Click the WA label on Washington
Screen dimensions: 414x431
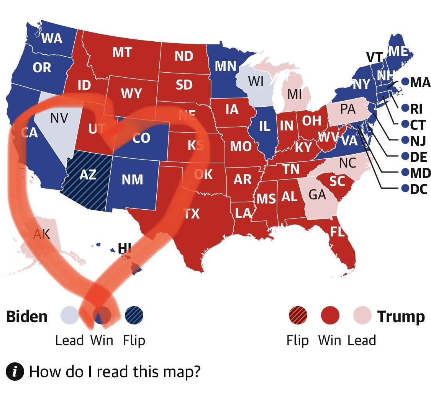52,39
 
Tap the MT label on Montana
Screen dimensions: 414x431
122,52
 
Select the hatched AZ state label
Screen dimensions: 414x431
88,174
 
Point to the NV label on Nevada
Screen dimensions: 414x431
59,118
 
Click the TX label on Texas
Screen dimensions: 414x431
191,213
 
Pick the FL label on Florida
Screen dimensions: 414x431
337,231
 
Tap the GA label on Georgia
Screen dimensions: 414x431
317,195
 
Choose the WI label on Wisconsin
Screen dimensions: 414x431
256,81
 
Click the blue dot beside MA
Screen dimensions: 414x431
405,81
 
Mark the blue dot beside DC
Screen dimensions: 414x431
405,188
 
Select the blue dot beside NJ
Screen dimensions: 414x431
405,140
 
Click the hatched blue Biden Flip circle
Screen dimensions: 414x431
134,316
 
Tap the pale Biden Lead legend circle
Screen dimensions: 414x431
70,316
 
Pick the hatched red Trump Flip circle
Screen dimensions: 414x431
298,316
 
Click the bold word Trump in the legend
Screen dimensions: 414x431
401,317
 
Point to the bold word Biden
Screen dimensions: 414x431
27,317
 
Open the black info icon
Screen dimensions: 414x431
15,372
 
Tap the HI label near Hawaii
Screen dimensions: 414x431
125,249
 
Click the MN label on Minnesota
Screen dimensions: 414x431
225,66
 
